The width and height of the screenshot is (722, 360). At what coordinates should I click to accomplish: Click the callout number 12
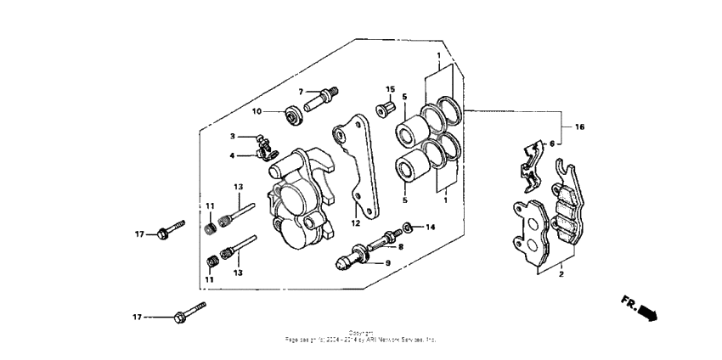pos(357,223)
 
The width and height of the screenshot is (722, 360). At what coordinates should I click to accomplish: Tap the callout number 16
pos(579,127)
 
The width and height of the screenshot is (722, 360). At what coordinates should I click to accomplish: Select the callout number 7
pos(301,91)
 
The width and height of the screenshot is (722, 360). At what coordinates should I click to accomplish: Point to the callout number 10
pos(257,111)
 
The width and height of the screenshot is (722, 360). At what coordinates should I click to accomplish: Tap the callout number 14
pos(430,228)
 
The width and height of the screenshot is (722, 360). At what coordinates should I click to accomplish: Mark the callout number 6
pos(553,143)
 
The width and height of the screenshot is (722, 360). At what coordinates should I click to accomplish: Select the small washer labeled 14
pos(408,227)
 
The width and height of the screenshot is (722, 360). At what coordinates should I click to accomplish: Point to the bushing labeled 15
pos(385,107)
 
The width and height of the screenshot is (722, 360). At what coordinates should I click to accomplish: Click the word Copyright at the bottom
pos(361,332)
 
